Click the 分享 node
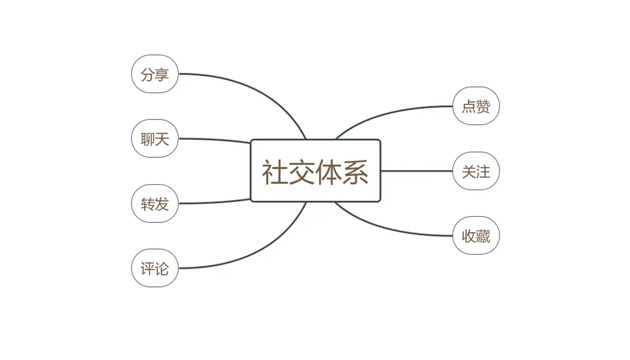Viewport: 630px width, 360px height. (x=155, y=74)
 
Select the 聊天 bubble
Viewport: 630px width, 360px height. (x=155, y=139)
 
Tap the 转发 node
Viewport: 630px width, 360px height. (x=155, y=203)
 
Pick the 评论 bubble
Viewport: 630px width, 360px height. (x=155, y=268)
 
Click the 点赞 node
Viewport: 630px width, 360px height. (x=476, y=106)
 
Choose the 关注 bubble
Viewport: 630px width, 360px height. (x=476, y=171)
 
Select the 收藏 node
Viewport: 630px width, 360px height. (x=476, y=236)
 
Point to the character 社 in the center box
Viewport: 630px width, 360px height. (x=275, y=172)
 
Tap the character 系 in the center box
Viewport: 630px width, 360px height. (x=355, y=172)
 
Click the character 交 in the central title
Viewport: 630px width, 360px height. (x=302, y=172)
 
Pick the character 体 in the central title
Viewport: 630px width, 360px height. (x=329, y=172)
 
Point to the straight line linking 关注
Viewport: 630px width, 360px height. (x=416, y=171)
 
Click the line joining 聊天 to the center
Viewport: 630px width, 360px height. (x=216, y=139)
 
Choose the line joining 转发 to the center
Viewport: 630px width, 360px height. (x=216, y=202)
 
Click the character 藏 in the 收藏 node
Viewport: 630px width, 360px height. (x=483, y=236)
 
